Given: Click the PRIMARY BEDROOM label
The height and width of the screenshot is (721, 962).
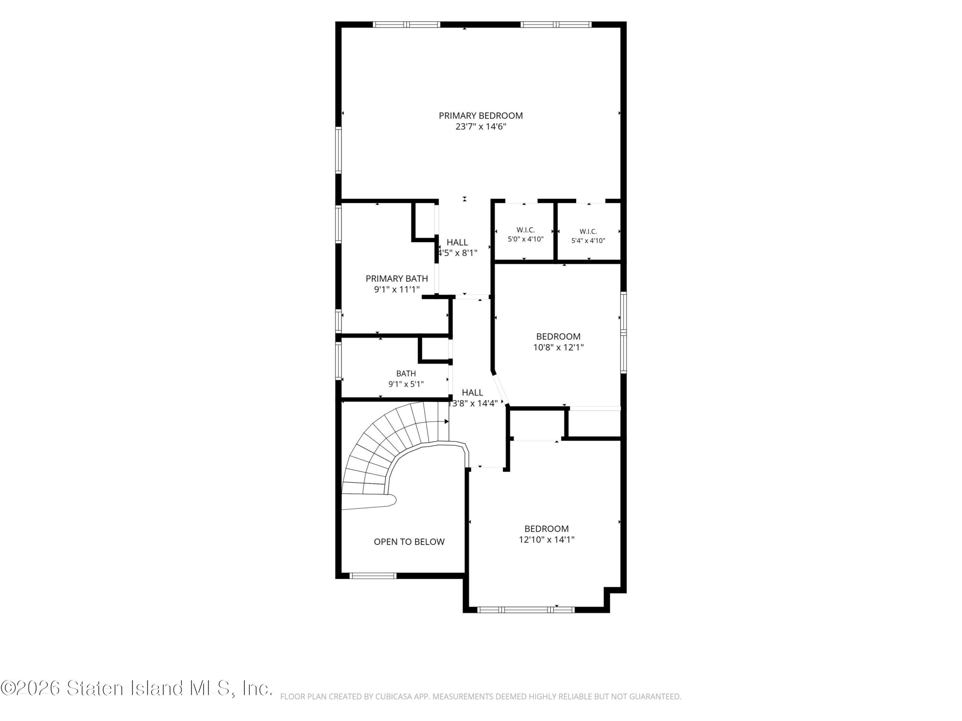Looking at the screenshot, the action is [x=481, y=116].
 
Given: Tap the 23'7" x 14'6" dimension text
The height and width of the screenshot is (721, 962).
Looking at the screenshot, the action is [x=481, y=127].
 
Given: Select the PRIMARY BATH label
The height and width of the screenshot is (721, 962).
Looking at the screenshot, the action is [x=396, y=279].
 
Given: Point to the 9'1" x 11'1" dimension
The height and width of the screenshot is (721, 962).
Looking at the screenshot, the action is [x=396, y=290].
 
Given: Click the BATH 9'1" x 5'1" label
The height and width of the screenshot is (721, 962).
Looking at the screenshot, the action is [x=406, y=379].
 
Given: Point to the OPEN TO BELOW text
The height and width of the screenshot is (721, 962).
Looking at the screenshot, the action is [x=409, y=542].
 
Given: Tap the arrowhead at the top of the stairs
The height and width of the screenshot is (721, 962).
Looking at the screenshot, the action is [x=447, y=422].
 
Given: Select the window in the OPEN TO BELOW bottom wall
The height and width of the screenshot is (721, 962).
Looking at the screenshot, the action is [x=374, y=576].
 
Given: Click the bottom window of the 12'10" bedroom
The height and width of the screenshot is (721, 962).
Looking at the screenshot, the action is [x=526, y=610].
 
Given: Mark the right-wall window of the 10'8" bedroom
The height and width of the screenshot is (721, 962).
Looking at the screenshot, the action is [x=623, y=333].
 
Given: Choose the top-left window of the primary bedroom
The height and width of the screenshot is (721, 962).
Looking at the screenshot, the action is [x=407, y=24].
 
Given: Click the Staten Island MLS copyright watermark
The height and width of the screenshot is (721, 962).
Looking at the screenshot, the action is [x=136, y=688].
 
